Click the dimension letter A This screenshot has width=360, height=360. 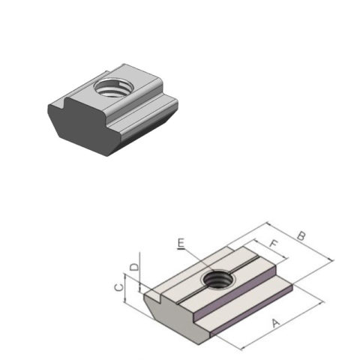pos(275,324)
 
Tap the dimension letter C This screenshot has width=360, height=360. pos(118,286)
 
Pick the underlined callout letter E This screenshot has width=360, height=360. pos(181,243)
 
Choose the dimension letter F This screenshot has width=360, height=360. pos(274,244)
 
